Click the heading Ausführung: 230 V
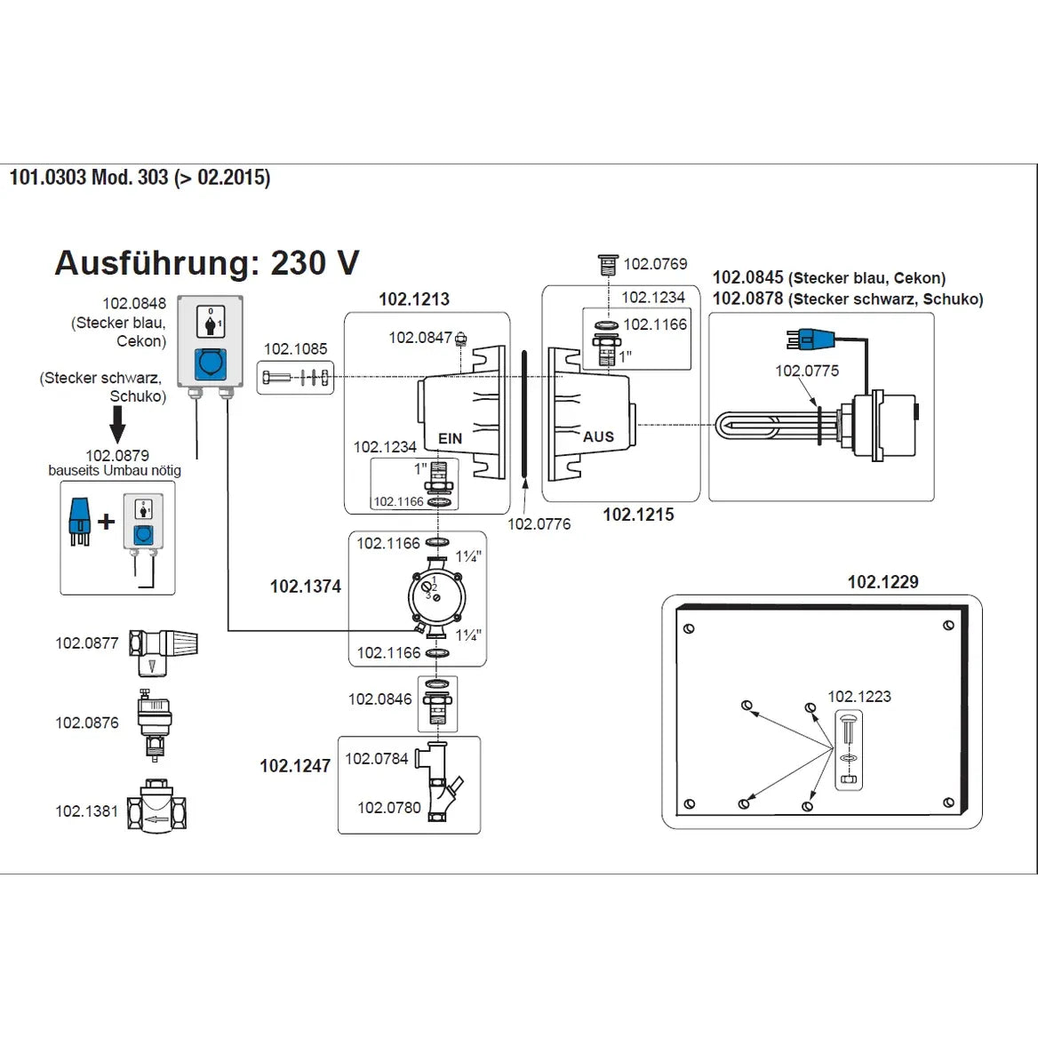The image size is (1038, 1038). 206,263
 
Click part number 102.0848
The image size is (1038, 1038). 133,303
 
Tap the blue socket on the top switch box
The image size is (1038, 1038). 210,363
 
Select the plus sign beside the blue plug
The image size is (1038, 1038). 106,522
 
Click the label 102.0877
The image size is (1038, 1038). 86,643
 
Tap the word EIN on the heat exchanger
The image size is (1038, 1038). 451,438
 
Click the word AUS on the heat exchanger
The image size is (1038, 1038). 598,436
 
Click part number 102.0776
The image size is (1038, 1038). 539,523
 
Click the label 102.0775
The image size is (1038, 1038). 806,371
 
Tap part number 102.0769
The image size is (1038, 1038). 655,264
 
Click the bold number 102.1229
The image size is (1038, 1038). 882,582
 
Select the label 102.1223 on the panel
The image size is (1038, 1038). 858,696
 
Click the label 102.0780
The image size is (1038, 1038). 388,807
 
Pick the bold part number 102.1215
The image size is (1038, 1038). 638,515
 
